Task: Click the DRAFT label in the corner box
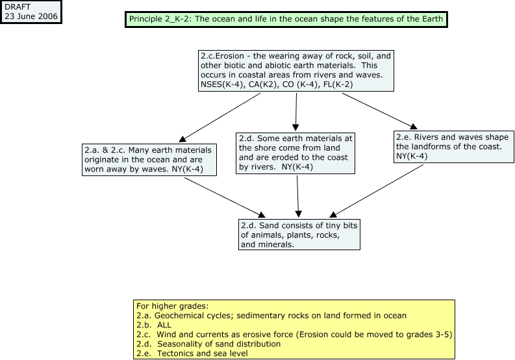click(x=18, y=7)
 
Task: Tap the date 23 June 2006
click(x=31, y=16)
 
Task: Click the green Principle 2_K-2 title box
click(x=286, y=19)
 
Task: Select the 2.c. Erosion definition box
click(x=296, y=71)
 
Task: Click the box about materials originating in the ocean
click(x=149, y=160)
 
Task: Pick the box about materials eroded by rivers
click(x=295, y=153)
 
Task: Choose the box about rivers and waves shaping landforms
click(x=453, y=147)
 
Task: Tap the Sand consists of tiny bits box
click(x=299, y=235)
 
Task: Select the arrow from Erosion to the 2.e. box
click(x=380, y=111)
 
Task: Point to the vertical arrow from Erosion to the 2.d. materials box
click(x=296, y=112)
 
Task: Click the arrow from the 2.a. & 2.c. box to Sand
click(x=225, y=198)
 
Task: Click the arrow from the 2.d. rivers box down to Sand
click(x=298, y=197)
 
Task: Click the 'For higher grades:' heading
click(x=173, y=306)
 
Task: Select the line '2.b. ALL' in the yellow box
click(x=154, y=325)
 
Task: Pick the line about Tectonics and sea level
click(x=192, y=354)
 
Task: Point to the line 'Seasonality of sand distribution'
click(x=208, y=344)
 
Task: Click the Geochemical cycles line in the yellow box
click(x=271, y=316)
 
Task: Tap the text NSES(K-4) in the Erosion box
click(x=223, y=84)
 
